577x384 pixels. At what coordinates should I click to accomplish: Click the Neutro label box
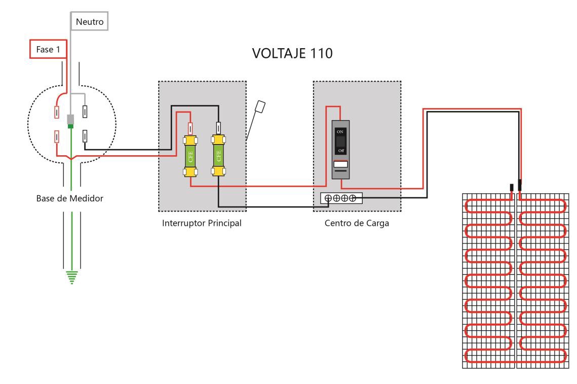pos(90,21)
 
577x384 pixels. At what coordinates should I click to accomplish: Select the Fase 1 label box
pos(48,49)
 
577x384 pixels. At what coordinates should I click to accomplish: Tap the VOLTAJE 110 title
pos(292,53)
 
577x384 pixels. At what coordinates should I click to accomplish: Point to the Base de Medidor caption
pos(69,198)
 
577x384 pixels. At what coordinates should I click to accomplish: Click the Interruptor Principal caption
pos(202,223)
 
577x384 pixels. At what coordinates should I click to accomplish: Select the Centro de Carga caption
pos(357,223)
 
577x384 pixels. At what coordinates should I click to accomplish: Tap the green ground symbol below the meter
pos(72,277)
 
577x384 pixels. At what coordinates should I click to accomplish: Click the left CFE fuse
pos(190,156)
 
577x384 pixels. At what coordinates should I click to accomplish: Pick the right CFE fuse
pos(218,156)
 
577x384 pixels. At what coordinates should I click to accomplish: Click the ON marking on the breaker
pos(340,131)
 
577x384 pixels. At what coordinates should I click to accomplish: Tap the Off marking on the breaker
pos(341,151)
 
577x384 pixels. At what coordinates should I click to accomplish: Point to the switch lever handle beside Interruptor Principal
pos(260,107)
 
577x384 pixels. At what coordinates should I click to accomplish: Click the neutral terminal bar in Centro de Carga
pos(341,198)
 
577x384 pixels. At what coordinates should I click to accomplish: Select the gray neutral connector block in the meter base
pos(70,119)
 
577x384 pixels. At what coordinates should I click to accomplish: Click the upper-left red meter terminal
pos(57,112)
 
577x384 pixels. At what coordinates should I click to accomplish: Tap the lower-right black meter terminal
pos(85,136)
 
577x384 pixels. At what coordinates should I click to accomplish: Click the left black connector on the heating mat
pos(512,188)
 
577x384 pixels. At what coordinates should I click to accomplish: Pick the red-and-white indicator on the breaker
pos(340,164)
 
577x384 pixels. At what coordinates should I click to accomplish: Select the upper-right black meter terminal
pos(85,111)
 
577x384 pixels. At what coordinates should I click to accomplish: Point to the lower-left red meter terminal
pos(57,137)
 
